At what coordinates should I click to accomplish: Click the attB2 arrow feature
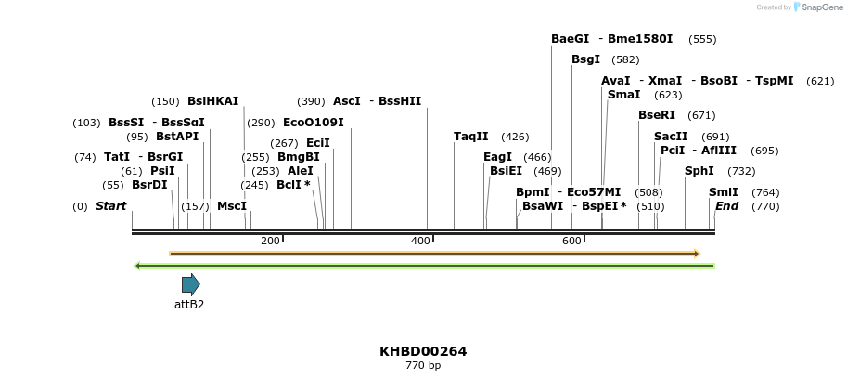(x=190, y=284)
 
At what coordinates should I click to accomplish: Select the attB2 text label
(x=189, y=304)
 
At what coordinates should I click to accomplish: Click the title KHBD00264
(x=423, y=351)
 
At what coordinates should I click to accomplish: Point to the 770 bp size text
(x=423, y=366)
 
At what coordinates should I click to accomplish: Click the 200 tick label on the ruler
(x=270, y=241)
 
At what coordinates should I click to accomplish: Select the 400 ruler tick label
(x=420, y=241)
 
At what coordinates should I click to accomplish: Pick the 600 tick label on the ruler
(x=571, y=241)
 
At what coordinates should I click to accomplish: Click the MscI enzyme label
(x=232, y=206)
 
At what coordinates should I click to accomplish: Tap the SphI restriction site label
(x=699, y=171)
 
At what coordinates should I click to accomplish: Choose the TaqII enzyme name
(x=471, y=137)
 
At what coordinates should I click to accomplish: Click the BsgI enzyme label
(x=586, y=59)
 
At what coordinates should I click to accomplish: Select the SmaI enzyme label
(x=623, y=95)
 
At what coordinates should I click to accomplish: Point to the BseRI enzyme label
(x=657, y=115)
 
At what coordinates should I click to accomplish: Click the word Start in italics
(x=110, y=206)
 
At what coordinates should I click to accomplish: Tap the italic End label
(x=726, y=206)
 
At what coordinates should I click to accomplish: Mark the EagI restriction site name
(x=498, y=157)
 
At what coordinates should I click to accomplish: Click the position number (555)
(x=702, y=39)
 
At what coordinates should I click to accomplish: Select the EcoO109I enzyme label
(x=314, y=123)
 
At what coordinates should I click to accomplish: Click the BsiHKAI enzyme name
(x=213, y=101)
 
